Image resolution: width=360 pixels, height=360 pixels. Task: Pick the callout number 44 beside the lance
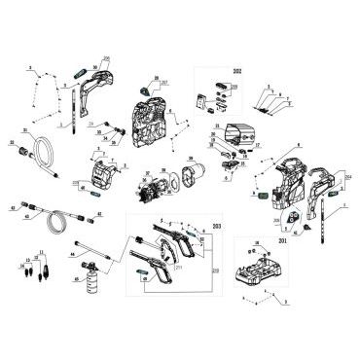[x=73, y=255]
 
